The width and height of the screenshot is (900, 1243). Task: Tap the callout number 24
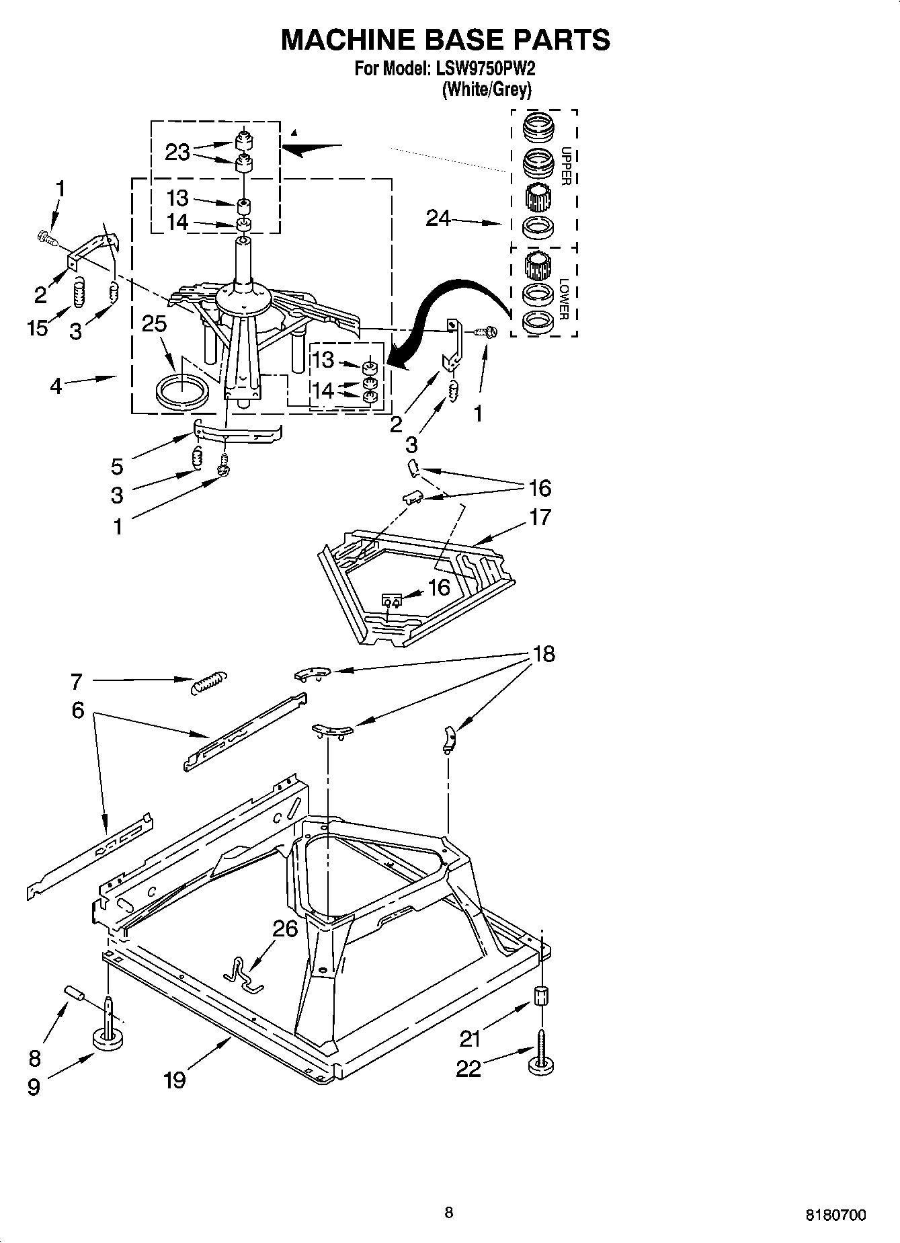(x=438, y=218)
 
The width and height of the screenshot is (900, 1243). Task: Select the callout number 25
(x=154, y=324)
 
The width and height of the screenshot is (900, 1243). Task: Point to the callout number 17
(x=540, y=517)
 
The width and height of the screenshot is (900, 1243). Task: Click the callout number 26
(x=285, y=929)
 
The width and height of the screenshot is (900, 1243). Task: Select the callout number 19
(x=174, y=1080)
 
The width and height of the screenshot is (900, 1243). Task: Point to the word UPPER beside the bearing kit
(x=566, y=166)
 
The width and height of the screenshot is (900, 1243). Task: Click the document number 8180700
(x=835, y=1215)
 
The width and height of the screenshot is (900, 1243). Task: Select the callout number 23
(x=177, y=153)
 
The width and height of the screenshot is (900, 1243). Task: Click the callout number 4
(x=55, y=386)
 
